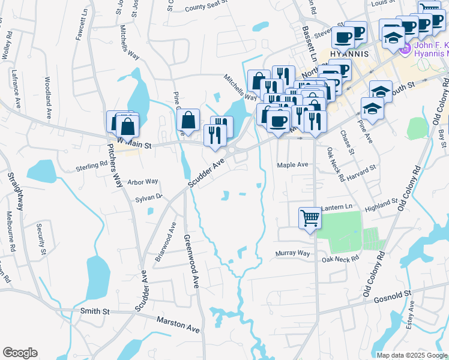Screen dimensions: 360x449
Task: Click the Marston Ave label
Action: [178, 325]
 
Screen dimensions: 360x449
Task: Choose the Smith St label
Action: [95, 311]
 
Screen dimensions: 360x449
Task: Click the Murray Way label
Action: [293, 253]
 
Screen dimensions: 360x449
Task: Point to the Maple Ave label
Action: [292, 164]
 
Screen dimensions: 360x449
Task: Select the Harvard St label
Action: [360, 174]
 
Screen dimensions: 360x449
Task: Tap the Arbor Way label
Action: [143, 181]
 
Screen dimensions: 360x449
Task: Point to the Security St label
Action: [41, 238]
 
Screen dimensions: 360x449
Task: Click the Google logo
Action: [20, 353]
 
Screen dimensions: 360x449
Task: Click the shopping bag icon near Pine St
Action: [188, 119]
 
